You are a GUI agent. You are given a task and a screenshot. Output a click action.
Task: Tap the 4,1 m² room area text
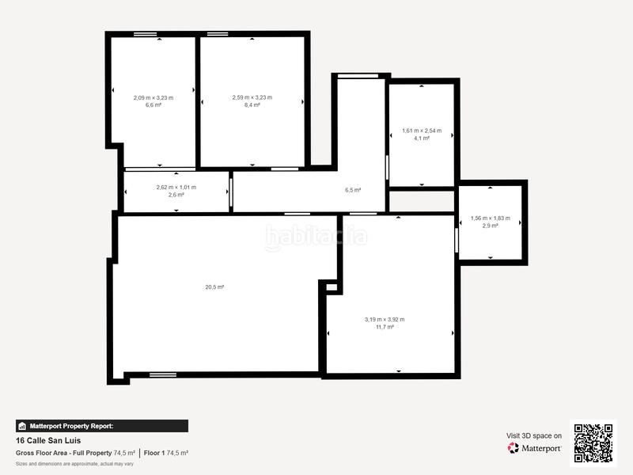tap(422, 138)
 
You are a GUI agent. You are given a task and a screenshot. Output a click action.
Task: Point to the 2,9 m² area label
tap(491, 226)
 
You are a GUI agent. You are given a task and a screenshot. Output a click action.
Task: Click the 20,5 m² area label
tap(214, 287)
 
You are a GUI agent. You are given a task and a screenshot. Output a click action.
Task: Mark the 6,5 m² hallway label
tap(353, 190)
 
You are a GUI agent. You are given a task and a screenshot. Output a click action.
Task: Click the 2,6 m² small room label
tap(176, 194)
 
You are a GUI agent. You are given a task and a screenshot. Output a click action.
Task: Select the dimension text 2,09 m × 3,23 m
tap(154, 97)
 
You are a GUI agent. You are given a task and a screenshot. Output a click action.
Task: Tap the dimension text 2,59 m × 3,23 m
tap(252, 97)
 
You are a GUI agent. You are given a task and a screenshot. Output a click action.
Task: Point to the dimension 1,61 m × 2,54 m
tap(422, 131)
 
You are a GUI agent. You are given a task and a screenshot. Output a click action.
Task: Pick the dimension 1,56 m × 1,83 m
tap(491, 218)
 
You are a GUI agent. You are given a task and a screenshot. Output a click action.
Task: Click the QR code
tap(593, 443)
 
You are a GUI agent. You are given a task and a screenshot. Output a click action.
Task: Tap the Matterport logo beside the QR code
tap(535, 448)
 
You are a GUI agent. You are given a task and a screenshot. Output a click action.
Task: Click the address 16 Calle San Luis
tap(48, 440)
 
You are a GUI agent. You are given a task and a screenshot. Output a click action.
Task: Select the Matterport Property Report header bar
tap(102, 426)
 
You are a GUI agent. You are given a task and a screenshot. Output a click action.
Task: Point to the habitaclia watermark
tap(316, 237)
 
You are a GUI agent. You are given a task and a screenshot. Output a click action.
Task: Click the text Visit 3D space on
tap(534, 435)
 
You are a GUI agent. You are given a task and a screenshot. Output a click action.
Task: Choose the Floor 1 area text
tap(165, 453)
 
